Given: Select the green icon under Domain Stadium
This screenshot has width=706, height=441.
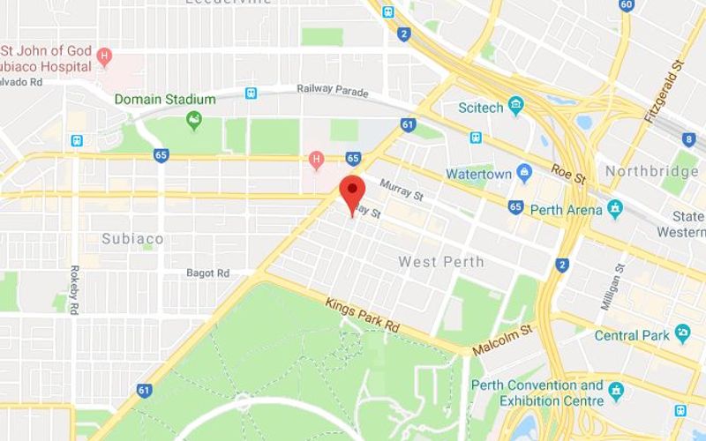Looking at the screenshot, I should (x=194, y=119).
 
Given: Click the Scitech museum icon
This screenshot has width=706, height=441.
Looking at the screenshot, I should (x=516, y=108).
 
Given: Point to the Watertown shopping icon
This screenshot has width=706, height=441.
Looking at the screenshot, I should (x=524, y=173).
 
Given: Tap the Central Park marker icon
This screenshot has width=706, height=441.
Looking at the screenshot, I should (x=682, y=334).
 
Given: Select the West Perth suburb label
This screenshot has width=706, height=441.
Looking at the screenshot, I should (x=441, y=262).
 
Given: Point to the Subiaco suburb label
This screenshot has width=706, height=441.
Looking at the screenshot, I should (x=133, y=238).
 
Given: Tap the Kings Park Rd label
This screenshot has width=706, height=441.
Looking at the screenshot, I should (x=362, y=315).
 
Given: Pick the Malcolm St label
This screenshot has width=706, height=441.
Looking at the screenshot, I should (x=503, y=339).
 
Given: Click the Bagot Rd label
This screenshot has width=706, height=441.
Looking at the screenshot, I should (x=207, y=273).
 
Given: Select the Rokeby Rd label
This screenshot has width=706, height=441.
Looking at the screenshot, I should (x=73, y=288).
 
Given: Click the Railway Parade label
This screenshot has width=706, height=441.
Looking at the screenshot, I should (x=334, y=88).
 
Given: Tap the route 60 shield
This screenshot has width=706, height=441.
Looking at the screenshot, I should (x=627, y=4).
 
